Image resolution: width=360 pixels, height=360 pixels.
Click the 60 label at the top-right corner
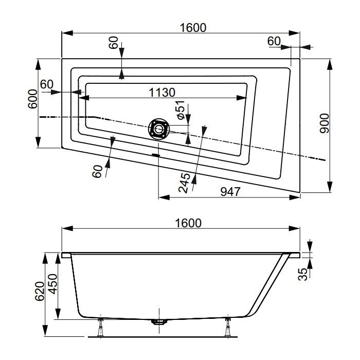(x=274, y=41)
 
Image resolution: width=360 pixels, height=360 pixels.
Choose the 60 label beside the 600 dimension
(x=47, y=84)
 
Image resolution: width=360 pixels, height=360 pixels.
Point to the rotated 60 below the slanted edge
(x=98, y=171)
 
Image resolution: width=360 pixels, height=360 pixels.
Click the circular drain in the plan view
(x=158, y=129)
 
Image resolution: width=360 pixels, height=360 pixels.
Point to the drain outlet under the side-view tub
(x=158, y=322)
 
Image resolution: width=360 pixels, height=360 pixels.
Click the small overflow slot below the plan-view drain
(x=157, y=153)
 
